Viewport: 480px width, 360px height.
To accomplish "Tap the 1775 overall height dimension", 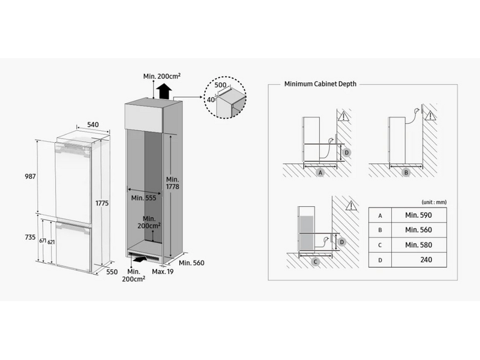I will pyautogui.click(x=102, y=203).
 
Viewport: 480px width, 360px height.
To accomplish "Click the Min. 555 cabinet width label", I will pyautogui.click(x=143, y=197).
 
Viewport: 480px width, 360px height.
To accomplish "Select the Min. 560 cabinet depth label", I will pyautogui.click(x=191, y=262).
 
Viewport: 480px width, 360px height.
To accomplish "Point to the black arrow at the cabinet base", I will pyautogui.click(x=140, y=260).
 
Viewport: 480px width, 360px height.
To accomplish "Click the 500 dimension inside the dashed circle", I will pyautogui.click(x=221, y=86).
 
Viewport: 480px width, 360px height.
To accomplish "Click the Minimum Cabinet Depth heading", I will pyautogui.click(x=320, y=84).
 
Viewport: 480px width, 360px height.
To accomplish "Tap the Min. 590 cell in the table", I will pyautogui.click(x=418, y=215).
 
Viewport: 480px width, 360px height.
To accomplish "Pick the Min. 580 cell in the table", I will pyautogui.click(x=418, y=245).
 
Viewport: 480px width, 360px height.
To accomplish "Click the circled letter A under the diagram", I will pyautogui.click(x=320, y=172).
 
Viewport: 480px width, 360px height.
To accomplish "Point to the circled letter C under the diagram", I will pyautogui.click(x=316, y=262).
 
